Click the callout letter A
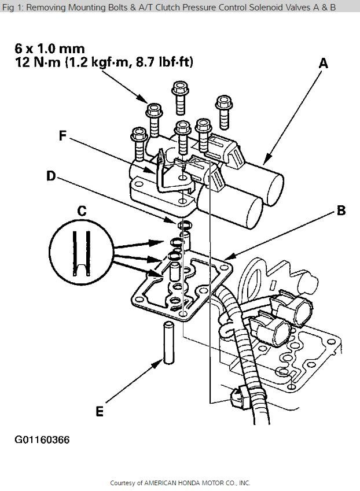[x=323, y=63]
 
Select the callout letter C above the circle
[x=82, y=212]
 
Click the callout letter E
[x=100, y=412]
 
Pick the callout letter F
[x=64, y=136]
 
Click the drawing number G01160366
[x=42, y=440]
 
